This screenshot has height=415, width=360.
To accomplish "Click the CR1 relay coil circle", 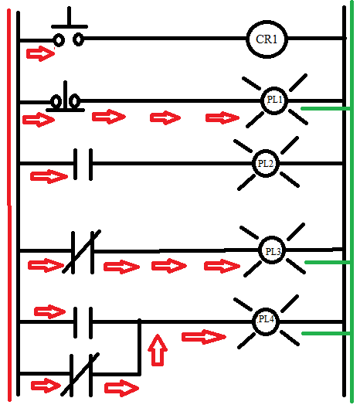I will point(267,39).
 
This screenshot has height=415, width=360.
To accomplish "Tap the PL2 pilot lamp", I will point(266,163).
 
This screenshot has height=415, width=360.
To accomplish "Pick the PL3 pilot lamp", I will point(273,251).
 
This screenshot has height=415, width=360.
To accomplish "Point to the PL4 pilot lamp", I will point(267,320).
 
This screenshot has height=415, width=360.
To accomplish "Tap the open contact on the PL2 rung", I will point(83,163).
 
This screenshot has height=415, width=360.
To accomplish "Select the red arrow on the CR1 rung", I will point(36,54).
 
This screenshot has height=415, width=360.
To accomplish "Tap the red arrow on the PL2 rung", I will point(48,177).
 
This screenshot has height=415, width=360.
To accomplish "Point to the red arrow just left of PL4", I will point(203,336).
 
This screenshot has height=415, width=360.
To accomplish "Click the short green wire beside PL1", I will point(321,109).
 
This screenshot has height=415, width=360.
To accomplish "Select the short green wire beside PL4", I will point(325,334).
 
